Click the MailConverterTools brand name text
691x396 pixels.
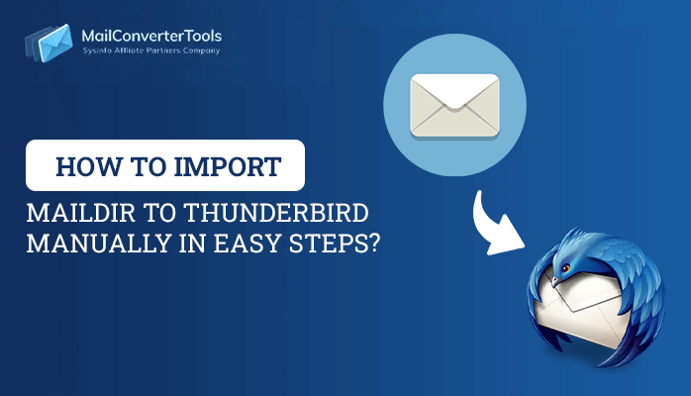pos(151,36)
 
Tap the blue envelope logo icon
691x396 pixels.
pos(49,43)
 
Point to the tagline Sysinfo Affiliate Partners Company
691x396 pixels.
pos(151,50)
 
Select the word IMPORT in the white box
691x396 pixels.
pos(228,167)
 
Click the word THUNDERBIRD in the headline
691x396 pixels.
pos(276,213)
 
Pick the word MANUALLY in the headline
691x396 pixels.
pos(99,244)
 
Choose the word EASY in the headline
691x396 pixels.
pos(247,244)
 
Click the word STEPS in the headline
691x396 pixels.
pos(327,244)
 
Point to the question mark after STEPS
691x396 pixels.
pos(373,244)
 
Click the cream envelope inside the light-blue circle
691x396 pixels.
pos(454,106)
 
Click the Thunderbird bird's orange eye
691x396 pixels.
pos(566,267)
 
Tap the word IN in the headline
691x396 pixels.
pos(192,244)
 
